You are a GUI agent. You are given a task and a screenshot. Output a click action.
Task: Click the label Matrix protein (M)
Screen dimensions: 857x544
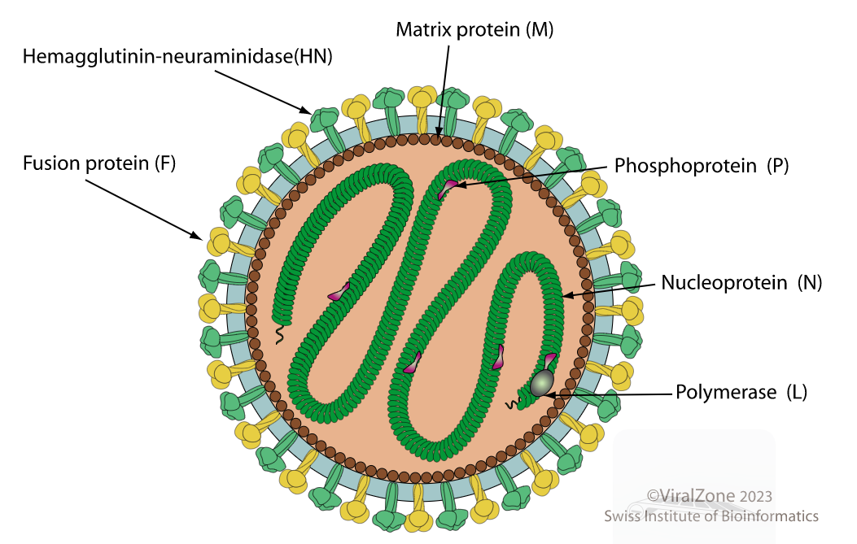pyautogui.click(x=474, y=29)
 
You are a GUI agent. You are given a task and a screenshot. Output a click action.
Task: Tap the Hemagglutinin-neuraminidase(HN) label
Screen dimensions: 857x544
pyautogui.click(x=177, y=56)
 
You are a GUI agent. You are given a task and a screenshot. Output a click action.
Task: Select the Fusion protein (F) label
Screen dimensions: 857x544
pyautogui.click(x=99, y=163)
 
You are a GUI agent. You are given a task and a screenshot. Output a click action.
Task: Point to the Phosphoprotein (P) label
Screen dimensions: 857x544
pyautogui.click(x=702, y=166)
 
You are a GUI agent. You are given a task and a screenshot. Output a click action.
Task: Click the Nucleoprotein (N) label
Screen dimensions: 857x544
pyautogui.click(x=741, y=283)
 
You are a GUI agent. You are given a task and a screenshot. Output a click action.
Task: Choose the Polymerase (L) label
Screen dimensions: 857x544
pyautogui.click(x=741, y=392)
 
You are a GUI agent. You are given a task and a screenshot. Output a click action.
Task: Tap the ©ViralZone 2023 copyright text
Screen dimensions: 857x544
pyautogui.click(x=710, y=496)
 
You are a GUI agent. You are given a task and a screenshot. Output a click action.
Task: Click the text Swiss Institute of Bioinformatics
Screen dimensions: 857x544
pyautogui.click(x=711, y=516)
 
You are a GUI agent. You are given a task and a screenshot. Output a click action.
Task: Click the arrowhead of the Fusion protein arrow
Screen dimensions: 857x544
pyautogui.click(x=197, y=235)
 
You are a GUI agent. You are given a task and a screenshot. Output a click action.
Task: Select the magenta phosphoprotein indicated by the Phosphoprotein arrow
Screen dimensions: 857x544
pyautogui.click(x=448, y=189)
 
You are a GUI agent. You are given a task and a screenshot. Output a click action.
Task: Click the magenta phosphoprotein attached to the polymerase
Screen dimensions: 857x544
pyautogui.click(x=549, y=361)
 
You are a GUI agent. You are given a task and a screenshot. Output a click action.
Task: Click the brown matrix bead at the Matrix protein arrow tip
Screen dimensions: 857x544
pyautogui.click(x=436, y=140)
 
